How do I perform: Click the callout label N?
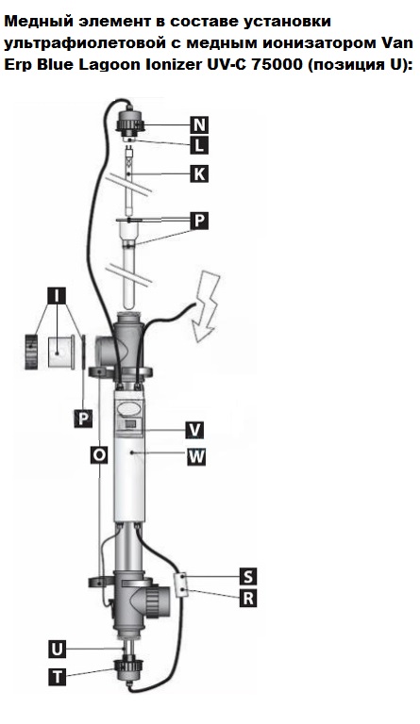click(x=199, y=124)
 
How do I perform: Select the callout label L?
click(x=199, y=146)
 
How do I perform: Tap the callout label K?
click(x=199, y=174)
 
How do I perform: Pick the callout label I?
click(x=57, y=296)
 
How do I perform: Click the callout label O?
click(x=99, y=455)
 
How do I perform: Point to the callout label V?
click(x=195, y=430)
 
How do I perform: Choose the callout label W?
click(x=196, y=457)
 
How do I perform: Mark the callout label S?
click(x=248, y=576)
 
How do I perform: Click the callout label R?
click(x=248, y=599)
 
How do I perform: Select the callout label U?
click(x=57, y=650)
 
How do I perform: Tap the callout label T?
click(x=57, y=677)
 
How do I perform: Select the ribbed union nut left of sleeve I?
click(x=33, y=352)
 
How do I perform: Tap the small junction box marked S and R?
click(x=182, y=584)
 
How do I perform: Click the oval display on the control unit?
click(x=129, y=408)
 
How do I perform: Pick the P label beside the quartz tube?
click(x=199, y=222)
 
